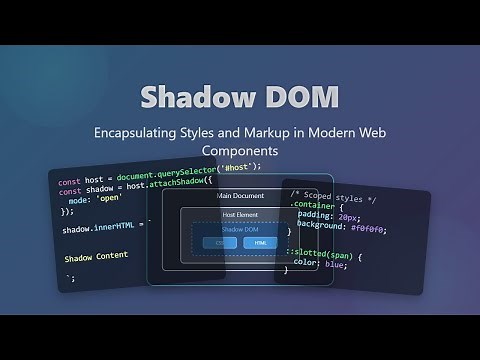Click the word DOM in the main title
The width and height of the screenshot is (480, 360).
tap(295, 98)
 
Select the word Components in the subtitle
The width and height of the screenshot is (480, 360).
tap(239, 151)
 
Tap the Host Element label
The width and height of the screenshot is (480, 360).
tap(239, 215)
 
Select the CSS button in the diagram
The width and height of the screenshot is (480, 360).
tap(220, 243)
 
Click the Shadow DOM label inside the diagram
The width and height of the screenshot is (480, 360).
tap(239, 230)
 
